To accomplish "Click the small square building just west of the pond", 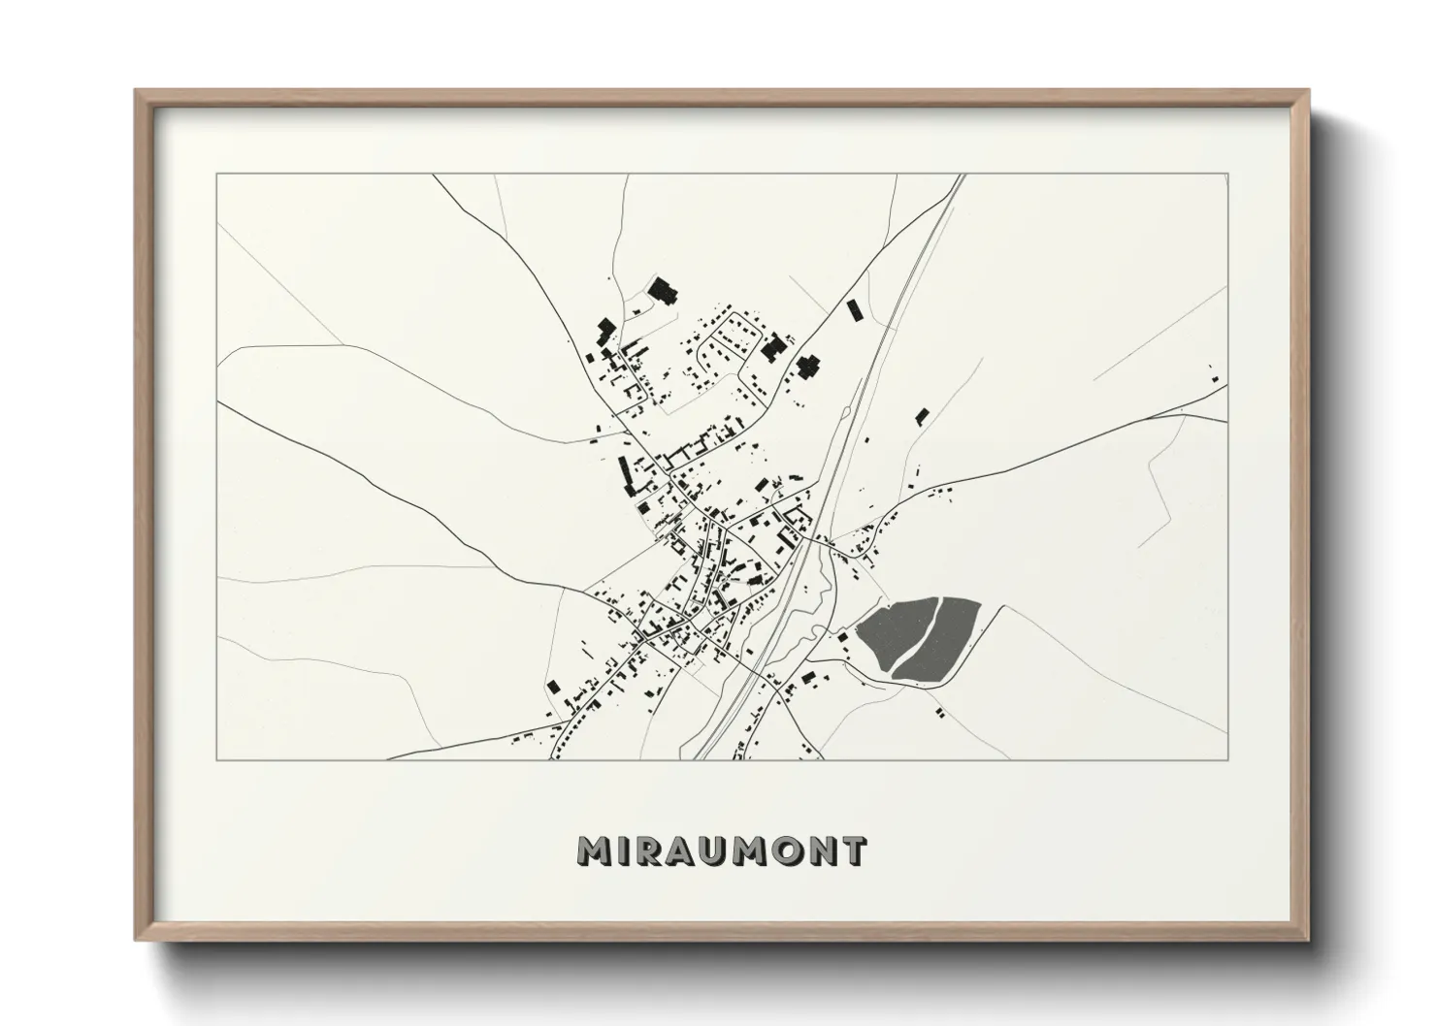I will [x=843, y=636].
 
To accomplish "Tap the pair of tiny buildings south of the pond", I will [x=939, y=713].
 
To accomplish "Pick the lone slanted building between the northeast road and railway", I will [x=854, y=310].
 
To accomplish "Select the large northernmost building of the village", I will [x=664, y=291].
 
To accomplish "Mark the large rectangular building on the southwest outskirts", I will [x=553, y=687].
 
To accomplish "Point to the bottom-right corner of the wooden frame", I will [x=1308, y=938].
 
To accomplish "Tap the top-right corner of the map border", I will [x=1227, y=174].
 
